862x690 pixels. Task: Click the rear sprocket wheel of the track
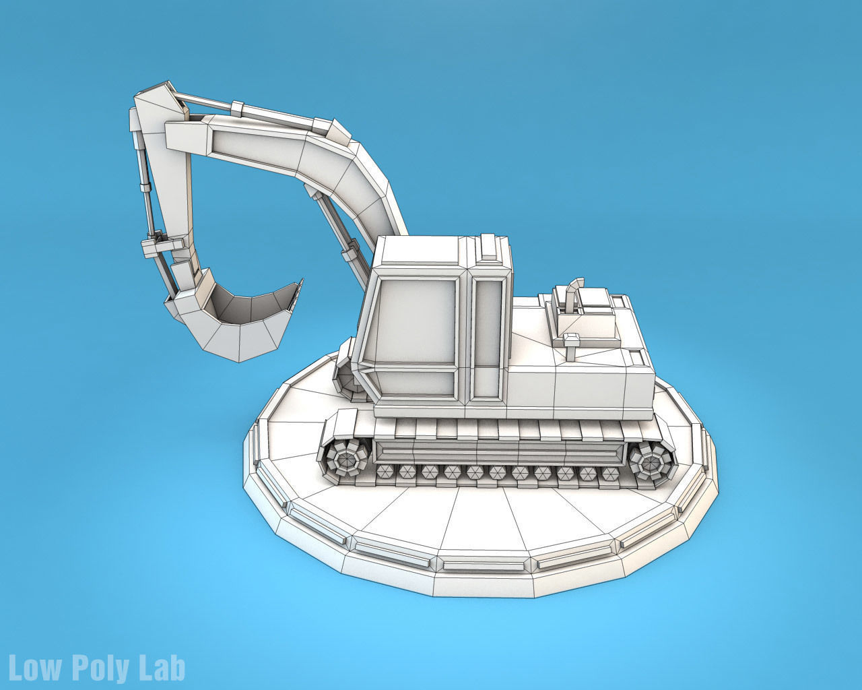click(651, 463)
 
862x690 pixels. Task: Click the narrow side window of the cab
click(488, 337)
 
